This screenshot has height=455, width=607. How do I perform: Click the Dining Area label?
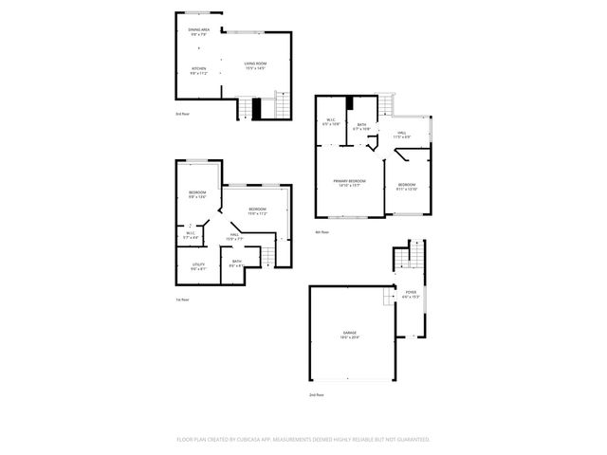click(x=199, y=29)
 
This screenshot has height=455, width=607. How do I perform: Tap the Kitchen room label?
click(x=199, y=68)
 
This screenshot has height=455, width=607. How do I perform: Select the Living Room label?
click(x=255, y=64)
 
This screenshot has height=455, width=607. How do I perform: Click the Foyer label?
click(x=411, y=292)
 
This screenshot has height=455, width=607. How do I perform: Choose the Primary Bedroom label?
click(x=350, y=180)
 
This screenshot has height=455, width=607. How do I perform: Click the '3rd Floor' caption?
click(x=183, y=114)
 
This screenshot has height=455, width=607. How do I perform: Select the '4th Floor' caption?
click(x=322, y=232)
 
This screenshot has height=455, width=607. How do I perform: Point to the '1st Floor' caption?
click(x=183, y=300)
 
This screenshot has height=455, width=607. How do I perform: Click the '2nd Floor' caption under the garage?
click(x=316, y=394)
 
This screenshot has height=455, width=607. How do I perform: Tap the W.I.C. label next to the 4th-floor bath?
click(x=330, y=119)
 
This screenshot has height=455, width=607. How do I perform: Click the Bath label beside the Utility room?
click(x=236, y=261)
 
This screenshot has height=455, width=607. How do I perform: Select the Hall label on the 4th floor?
click(x=402, y=133)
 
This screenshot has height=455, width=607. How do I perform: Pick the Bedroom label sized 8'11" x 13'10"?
click(x=407, y=184)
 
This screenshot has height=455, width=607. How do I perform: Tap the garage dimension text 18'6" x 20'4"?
click(x=350, y=337)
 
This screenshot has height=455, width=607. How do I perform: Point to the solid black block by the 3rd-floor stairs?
click(x=256, y=108)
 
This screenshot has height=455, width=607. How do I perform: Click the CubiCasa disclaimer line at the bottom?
click(x=303, y=439)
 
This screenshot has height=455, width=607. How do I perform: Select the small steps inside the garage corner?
click(x=387, y=298)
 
